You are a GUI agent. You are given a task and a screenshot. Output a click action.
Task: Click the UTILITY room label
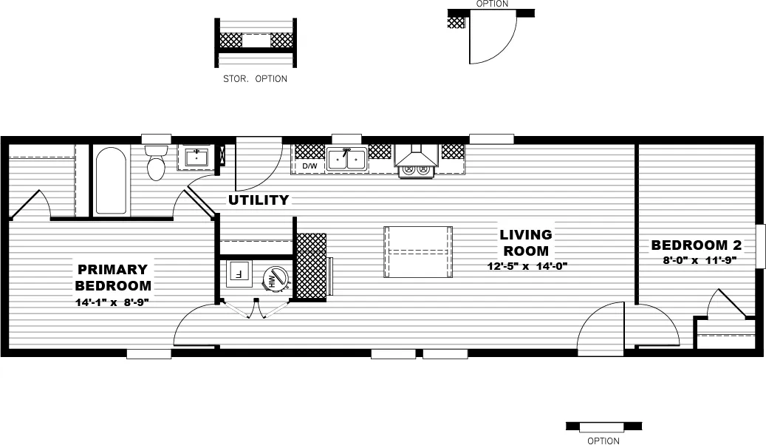(258, 200)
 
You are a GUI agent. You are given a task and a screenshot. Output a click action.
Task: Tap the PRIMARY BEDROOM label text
(112, 277)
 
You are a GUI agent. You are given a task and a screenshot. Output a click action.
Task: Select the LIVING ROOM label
(525, 242)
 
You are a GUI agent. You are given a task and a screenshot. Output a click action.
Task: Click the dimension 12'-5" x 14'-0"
(525, 265)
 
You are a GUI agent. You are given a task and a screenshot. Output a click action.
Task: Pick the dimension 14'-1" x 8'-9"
(112, 302)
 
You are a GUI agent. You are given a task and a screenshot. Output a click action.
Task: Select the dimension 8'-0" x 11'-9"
(699, 260)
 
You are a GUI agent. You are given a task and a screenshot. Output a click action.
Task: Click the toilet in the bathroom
(156, 164)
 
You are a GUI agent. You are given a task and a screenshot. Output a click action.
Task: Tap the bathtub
(111, 182)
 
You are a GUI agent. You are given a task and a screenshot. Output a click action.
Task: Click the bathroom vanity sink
(196, 157)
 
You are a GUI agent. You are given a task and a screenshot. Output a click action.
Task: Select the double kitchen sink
(346, 158)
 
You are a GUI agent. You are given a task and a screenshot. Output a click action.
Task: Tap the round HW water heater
(274, 279)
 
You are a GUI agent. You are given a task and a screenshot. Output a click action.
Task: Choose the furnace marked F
(239, 273)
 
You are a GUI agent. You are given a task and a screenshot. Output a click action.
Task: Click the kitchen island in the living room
(417, 251)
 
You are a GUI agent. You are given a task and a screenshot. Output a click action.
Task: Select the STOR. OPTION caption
(255, 78)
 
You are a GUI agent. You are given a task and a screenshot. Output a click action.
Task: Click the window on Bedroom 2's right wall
(761, 245)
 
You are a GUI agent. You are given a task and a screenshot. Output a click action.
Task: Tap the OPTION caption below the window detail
(603, 441)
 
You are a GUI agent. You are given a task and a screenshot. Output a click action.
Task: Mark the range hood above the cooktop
(417, 154)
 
